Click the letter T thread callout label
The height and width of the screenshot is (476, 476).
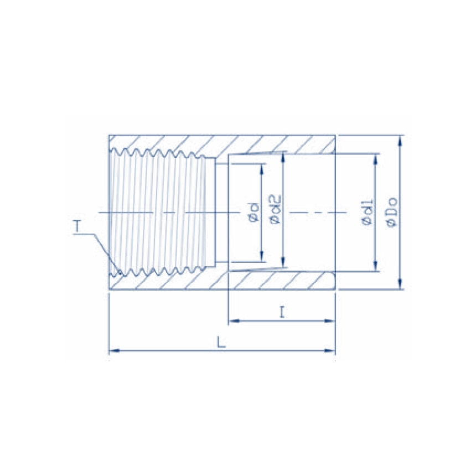coord(77,226)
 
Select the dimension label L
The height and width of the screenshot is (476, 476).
coord(221,342)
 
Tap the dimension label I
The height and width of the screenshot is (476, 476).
coord(282,312)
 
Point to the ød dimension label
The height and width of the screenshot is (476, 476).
coord(255,212)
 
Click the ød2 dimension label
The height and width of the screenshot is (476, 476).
coord(275,209)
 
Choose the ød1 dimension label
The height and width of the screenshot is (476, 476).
coord(367,213)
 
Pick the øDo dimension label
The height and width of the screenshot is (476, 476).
coord(392,212)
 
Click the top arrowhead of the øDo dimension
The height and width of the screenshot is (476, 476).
coord(400,141)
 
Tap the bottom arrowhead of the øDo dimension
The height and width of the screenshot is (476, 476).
coord(400,284)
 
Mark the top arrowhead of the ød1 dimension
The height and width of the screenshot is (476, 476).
coord(376,159)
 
